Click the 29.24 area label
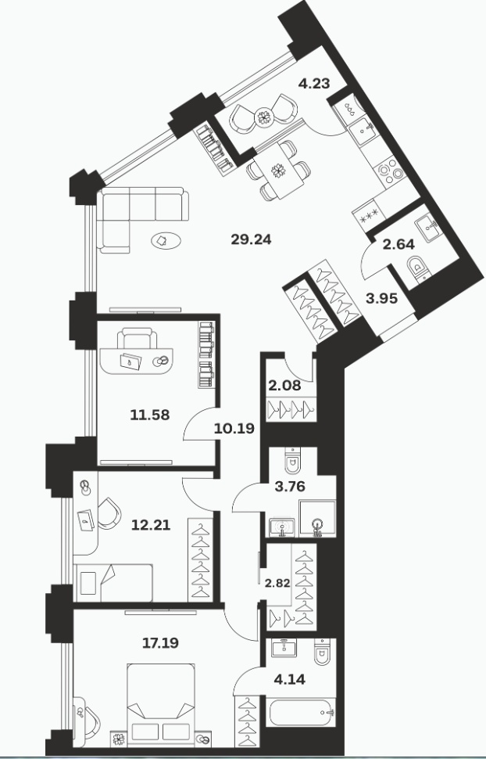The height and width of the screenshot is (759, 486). point(251,239)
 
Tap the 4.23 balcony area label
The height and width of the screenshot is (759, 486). point(314,84)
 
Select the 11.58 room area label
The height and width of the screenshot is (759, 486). point(150,415)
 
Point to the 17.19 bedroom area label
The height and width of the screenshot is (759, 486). point(160,643)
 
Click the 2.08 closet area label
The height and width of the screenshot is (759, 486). point(284,387)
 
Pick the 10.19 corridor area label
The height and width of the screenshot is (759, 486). point(234,428)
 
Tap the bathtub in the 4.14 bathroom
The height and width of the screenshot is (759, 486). point(301,713)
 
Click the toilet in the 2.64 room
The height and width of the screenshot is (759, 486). point(417,268)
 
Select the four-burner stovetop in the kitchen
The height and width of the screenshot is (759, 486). point(390,171)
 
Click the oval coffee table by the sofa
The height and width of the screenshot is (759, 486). point(166,240)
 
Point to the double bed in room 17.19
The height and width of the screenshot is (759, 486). point(161,703)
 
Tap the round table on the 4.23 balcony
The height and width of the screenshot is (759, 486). point(264,117)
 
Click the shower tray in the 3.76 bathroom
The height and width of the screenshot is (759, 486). point(317,519)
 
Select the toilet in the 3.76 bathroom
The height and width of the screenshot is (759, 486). point(293,460)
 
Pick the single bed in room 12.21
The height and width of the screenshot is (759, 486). point(113,583)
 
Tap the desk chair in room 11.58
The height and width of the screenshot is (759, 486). point(138,338)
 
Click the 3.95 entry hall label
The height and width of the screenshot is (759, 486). point(381,299)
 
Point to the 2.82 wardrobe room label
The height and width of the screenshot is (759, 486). point(277,583)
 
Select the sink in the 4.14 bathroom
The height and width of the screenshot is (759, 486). point(284,648)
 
